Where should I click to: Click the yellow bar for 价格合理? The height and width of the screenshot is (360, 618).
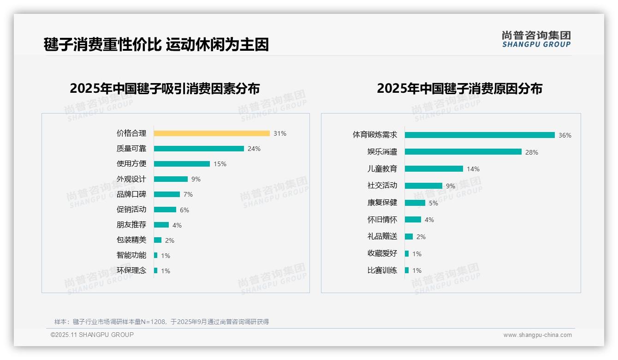tap(212, 133)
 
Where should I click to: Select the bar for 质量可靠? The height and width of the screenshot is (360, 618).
tap(199, 149)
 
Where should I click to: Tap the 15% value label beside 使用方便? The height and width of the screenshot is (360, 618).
tap(220, 164)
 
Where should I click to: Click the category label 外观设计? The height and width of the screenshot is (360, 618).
tap(131, 179)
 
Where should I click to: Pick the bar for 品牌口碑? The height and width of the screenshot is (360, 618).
tap(167, 194)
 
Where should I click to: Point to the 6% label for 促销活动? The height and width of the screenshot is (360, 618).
tap(184, 210)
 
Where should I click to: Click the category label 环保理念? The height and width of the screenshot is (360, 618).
tap(131, 270)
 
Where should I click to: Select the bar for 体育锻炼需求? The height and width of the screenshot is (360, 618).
tap(480, 135)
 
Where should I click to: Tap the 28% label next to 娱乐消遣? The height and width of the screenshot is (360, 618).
tap(532, 152)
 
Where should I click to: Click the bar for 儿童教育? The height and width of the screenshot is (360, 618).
tap(434, 169)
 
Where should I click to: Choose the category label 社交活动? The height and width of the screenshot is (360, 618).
tap(382, 186)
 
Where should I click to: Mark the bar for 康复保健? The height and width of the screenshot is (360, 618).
tap(415, 203)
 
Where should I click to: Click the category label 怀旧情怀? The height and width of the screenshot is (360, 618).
tap(382, 220)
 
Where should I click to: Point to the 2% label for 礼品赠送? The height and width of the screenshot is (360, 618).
tap(421, 237)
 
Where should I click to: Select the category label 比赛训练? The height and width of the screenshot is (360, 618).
tap(382, 270)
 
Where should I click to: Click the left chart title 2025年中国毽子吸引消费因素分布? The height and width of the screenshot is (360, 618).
tap(165, 89)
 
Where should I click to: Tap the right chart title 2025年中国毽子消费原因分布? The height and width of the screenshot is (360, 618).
tap(459, 89)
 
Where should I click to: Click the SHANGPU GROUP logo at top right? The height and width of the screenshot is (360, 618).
tap(536, 39)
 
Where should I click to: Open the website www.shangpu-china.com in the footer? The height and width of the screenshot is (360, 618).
tap(537, 335)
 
